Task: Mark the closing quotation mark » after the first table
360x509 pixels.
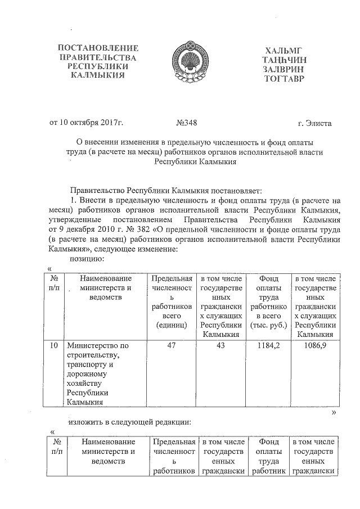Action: pos(334,412)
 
